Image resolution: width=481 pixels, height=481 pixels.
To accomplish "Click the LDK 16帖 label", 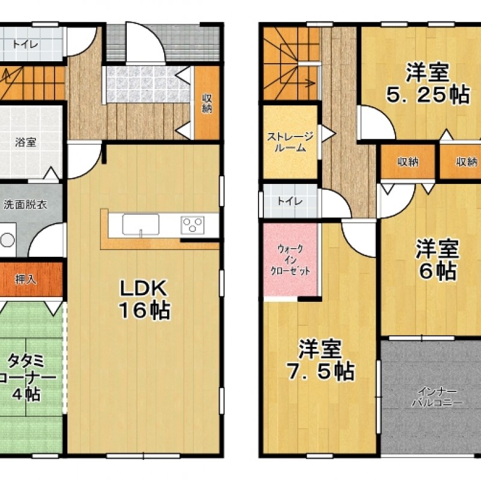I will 144,299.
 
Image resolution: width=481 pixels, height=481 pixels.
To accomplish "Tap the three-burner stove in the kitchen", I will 193,225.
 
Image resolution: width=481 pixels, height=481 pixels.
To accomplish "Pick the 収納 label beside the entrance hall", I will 207,103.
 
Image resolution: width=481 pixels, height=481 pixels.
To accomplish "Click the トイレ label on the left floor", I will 24,44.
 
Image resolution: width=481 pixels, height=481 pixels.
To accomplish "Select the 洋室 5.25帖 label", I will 426,84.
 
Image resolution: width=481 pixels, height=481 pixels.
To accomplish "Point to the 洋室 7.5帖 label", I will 319,360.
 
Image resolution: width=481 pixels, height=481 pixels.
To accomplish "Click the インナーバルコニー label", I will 429,397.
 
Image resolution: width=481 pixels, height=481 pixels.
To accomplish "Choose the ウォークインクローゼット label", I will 291,260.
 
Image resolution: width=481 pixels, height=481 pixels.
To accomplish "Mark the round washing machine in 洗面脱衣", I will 7,239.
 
